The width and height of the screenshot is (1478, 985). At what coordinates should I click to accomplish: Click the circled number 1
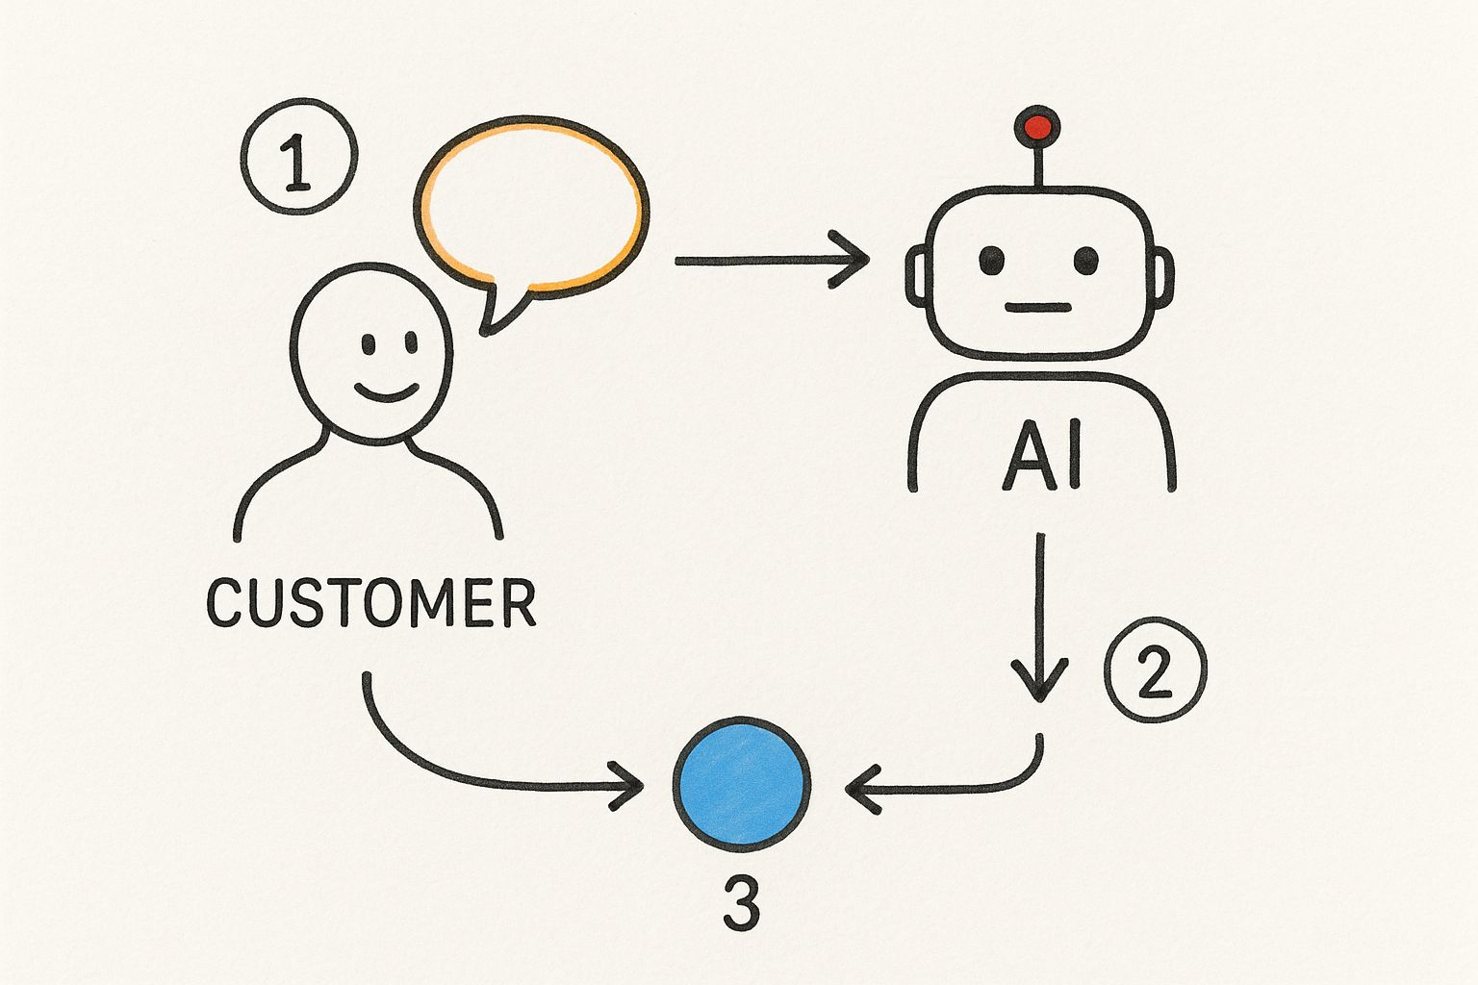click(x=298, y=156)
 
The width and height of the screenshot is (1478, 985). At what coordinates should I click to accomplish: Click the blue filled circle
click(x=741, y=784)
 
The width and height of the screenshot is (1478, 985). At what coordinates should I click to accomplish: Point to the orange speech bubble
click(x=532, y=204)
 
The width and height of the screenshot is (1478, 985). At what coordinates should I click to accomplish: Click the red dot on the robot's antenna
click(x=1037, y=126)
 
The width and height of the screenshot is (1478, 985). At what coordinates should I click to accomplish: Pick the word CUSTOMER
click(x=371, y=602)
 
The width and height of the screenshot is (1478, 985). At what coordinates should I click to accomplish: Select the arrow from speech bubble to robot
click(x=770, y=260)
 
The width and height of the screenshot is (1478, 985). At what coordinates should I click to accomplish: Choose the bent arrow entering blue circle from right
click(x=962, y=788)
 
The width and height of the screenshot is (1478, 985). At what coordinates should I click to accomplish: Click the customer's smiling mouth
click(x=387, y=392)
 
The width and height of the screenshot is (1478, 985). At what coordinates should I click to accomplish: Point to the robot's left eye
click(x=991, y=260)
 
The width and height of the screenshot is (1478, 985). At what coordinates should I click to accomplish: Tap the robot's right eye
click(x=1085, y=260)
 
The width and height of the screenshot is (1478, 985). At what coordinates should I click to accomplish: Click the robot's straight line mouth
click(x=1038, y=308)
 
